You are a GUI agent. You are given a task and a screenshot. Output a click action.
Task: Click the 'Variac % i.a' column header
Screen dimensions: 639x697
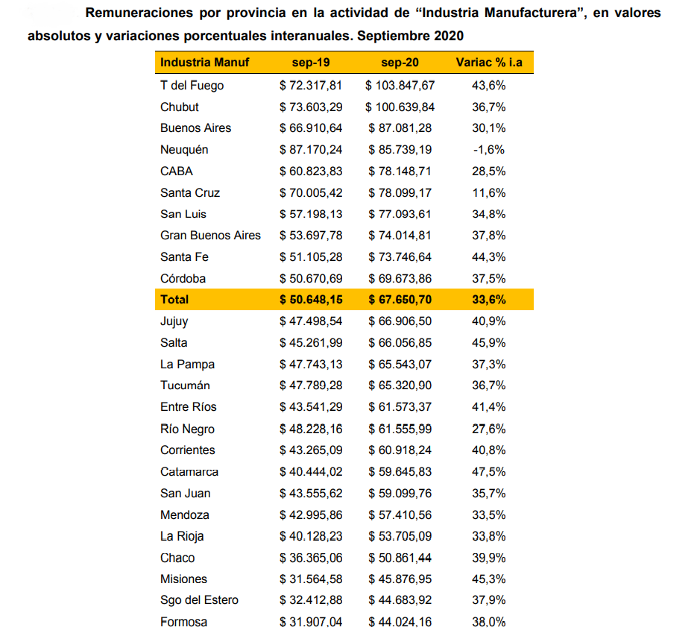pos(489,63)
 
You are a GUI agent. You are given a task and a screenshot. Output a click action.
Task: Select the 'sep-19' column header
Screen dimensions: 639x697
pos(312,63)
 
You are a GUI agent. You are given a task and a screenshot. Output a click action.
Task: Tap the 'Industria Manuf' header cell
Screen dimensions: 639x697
pos(204,63)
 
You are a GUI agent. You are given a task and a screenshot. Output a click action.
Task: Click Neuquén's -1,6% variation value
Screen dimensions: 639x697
pos(489,150)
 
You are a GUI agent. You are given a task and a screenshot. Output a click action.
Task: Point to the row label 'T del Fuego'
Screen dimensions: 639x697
pos(192,85)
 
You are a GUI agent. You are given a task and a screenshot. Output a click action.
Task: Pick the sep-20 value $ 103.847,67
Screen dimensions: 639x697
pos(400,85)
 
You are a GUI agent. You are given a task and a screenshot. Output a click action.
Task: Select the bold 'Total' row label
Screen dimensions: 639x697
pos(174,300)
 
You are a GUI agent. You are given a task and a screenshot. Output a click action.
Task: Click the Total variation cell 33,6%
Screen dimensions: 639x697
pos(489,300)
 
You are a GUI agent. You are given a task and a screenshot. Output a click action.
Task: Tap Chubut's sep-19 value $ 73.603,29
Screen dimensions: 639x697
pos(312,107)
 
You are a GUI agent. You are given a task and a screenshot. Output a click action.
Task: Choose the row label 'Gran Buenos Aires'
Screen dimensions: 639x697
pos(210,236)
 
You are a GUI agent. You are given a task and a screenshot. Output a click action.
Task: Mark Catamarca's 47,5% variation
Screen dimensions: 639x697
pos(489,472)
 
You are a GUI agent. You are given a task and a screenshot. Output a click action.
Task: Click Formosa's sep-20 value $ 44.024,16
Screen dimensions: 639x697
pos(400,623)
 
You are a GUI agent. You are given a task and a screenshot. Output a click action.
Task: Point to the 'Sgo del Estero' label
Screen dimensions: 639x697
pos(200,601)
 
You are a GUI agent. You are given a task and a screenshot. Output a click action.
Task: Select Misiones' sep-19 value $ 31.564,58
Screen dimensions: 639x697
pos(312,579)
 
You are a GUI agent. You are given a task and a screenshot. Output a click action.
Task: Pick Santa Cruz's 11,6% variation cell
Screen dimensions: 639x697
pos(489,192)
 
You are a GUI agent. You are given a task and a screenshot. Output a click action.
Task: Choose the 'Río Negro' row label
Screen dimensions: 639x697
pos(187,429)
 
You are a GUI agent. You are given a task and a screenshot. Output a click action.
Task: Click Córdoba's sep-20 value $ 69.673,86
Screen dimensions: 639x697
pos(400,278)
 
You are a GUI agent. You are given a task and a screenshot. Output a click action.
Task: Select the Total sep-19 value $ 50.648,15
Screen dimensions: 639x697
pos(312,300)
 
